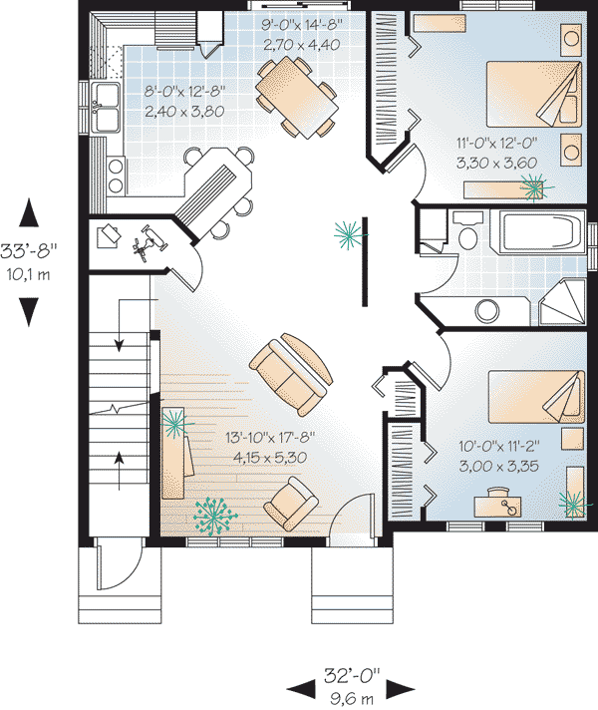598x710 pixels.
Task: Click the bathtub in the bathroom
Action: [x=537, y=231]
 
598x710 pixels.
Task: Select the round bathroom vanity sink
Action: [x=487, y=311]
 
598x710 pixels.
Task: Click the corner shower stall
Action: [x=562, y=302]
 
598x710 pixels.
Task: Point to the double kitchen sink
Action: [x=106, y=108]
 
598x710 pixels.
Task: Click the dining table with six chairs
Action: [x=297, y=97]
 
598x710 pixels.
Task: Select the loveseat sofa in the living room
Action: [x=291, y=374]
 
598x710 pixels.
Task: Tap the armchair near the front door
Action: [x=292, y=503]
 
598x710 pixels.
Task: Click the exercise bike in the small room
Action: [x=149, y=243]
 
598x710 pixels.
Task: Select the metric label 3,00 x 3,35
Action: [x=499, y=466]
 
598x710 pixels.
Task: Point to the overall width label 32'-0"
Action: [x=351, y=676]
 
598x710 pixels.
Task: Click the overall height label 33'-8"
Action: [x=29, y=250]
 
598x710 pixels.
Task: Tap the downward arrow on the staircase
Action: [x=119, y=325]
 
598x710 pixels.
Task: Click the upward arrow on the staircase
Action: [x=119, y=470]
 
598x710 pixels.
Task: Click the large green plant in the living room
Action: [x=215, y=516]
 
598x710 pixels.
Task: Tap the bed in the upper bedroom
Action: [x=534, y=94]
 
